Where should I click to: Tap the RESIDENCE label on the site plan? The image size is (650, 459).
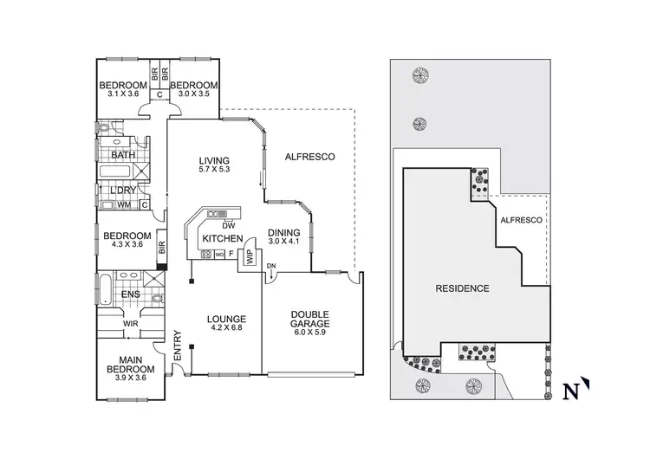[x=462, y=288]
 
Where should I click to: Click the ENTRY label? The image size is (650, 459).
[x=178, y=347]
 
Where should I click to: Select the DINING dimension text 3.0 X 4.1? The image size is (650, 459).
[x=286, y=242]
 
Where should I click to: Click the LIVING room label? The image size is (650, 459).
[x=213, y=160]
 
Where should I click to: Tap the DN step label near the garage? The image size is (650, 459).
[x=271, y=265]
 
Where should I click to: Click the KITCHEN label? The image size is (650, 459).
[x=222, y=237]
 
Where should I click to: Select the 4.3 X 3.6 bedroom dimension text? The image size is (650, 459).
[x=127, y=245]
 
